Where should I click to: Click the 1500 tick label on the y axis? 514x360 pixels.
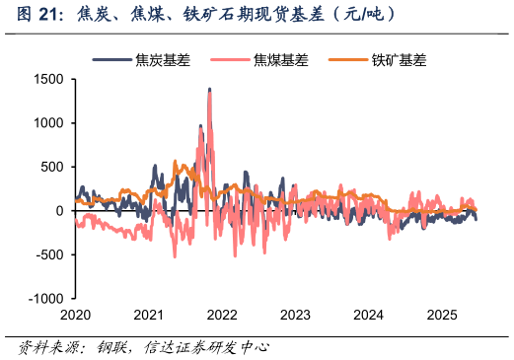47,79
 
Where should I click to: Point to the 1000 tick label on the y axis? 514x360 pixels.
47,123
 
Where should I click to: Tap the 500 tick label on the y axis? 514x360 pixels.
51,167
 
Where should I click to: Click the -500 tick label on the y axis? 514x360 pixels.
49,254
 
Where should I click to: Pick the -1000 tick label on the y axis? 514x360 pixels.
45,299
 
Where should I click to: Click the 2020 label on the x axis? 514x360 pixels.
75,316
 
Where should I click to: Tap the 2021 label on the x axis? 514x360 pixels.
148,316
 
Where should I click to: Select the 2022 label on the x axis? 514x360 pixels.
222,316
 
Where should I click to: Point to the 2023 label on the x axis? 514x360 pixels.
295,316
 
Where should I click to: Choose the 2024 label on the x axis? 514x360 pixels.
369,316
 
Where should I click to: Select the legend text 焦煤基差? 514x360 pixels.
281,60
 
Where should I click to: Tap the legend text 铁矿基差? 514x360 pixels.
399,60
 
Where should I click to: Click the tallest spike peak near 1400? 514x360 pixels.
209,90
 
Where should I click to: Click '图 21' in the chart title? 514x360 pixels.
30,14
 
